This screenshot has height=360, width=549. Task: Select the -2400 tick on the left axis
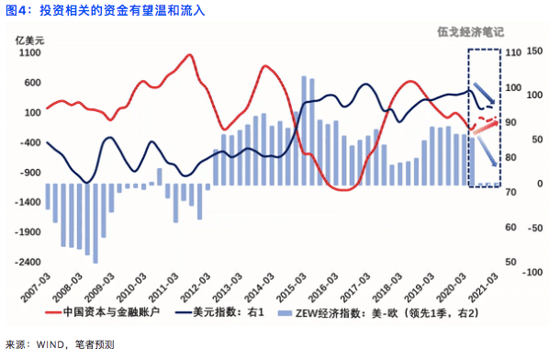coord(28,262)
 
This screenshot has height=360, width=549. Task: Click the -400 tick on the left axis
coord(28,142)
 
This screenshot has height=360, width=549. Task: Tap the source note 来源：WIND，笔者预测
coord(60,344)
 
